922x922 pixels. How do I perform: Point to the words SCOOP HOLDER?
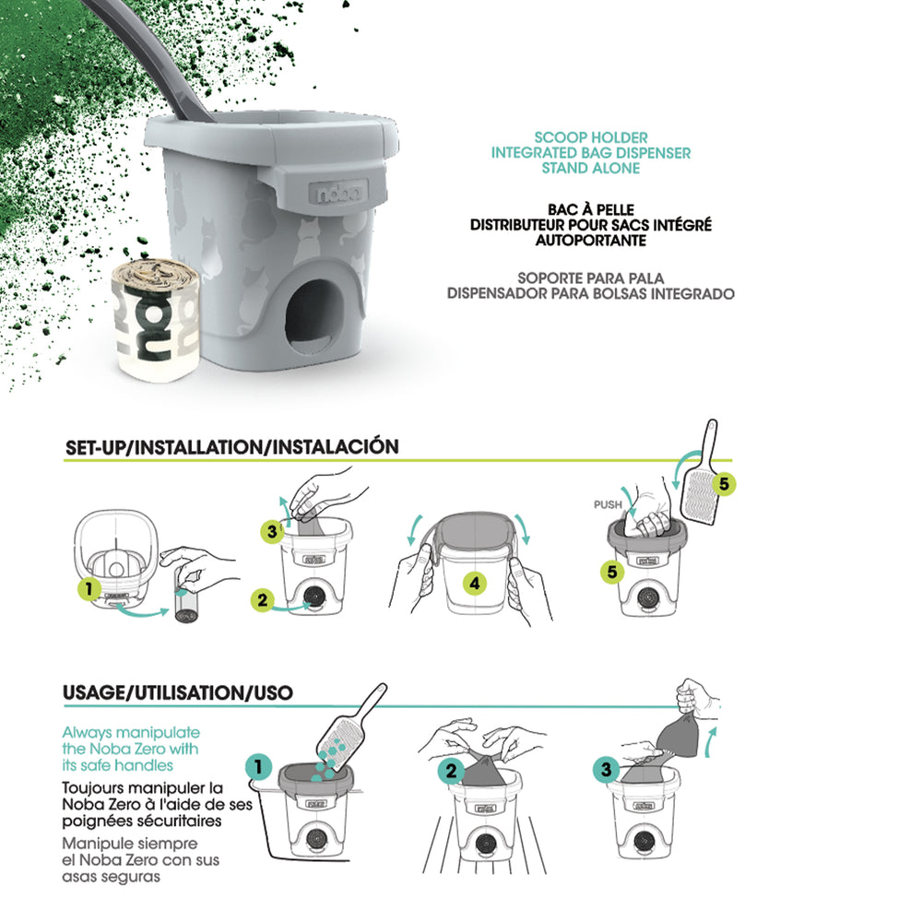pos(590,138)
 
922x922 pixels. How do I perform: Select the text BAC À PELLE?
pos(590,209)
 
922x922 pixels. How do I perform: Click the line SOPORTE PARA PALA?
pos(590,278)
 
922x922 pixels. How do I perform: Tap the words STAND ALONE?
pos(590,169)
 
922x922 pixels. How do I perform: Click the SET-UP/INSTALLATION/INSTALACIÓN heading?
pos(232,447)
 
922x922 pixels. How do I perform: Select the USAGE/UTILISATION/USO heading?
pos(191,692)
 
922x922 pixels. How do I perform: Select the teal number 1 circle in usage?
pos(259,766)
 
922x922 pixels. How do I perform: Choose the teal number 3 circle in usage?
pos(606,768)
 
